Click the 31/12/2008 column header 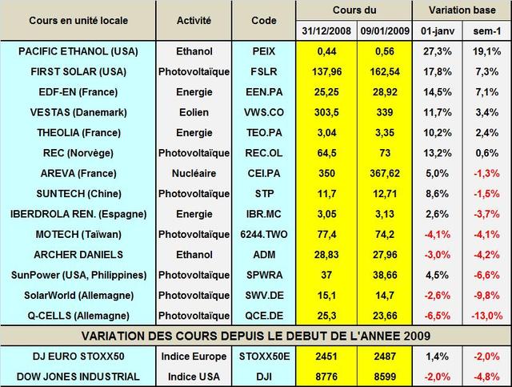click(324, 31)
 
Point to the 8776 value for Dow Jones click(324, 377)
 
